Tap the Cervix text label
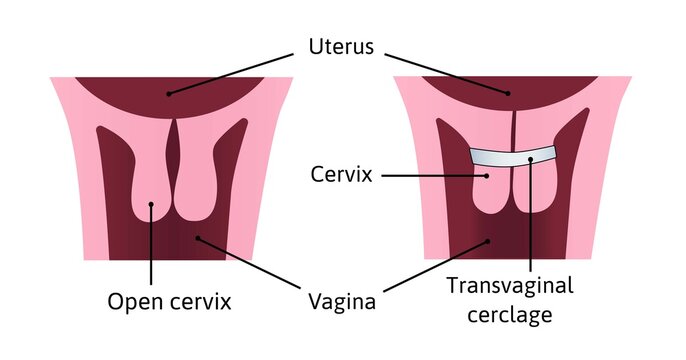pos(341,176)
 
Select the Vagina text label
pos(341,300)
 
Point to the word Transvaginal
pos(511,287)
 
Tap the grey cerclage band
pos(515,157)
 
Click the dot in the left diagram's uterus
pos(168,93)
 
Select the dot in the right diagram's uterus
pos(508,93)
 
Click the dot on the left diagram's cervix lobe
pos(150,207)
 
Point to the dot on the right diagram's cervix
pos(487,176)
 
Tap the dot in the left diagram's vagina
pos(198,237)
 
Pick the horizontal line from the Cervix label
pos(430,176)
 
